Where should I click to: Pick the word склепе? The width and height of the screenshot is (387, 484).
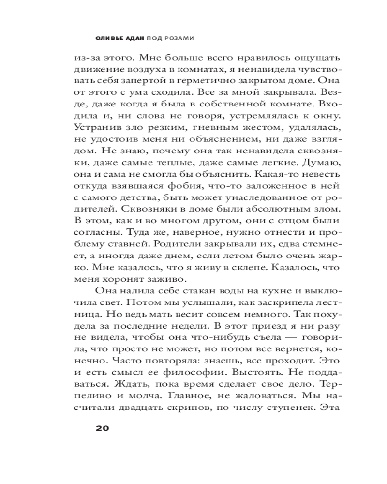pos(241,267)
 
